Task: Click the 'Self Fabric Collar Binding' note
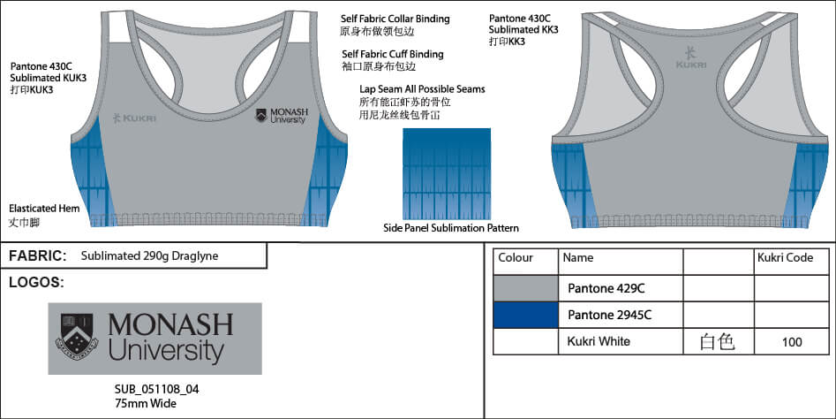[395, 19]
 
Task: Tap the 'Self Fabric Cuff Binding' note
[392, 54]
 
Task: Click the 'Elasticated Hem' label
[44, 209]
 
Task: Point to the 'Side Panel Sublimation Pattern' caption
[451, 228]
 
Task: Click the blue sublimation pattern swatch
[447, 173]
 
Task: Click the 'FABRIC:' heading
[37, 256]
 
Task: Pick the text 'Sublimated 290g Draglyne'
[149, 256]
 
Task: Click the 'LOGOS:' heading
[35, 283]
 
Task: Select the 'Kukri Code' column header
[785, 258]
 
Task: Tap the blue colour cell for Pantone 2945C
[525, 315]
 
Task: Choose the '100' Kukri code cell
[791, 341]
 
